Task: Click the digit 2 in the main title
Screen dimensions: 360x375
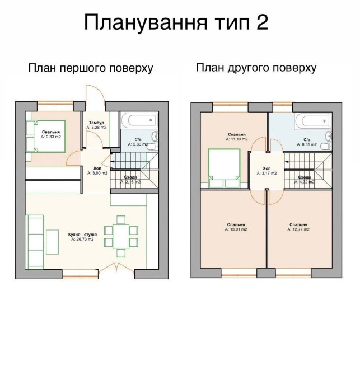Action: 263,22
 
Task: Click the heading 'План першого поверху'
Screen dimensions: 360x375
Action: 91,68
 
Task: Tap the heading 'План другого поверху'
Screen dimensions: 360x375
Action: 256,68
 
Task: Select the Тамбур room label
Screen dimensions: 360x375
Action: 96,123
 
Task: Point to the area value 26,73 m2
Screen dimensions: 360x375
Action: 82,239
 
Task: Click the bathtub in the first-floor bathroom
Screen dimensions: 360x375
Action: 140,120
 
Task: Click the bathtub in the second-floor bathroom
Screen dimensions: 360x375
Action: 313,121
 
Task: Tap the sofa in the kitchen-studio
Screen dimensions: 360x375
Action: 35,242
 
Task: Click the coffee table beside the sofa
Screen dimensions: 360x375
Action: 53,242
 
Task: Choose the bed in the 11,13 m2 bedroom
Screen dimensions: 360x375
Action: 225,168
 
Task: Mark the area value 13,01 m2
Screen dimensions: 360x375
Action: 236,229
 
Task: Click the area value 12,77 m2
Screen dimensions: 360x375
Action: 298,229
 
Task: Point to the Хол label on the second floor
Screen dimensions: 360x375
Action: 267,168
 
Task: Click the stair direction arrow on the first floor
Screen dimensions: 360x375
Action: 112,162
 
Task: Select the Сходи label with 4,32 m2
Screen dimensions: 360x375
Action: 304,180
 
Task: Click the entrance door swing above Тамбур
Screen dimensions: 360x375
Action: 95,95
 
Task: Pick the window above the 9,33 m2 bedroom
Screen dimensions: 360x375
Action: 55,104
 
